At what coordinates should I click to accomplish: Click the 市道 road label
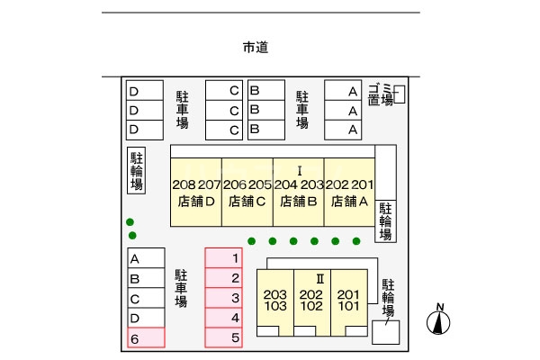(256, 47)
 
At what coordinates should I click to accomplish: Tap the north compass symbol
(438, 319)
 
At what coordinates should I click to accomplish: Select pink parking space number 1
(224, 257)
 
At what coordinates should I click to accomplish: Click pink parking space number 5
(224, 337)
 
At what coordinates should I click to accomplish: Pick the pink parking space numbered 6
(146, 337)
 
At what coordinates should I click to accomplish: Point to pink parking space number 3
(224, 298)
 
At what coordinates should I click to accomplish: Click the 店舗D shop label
(196, 202)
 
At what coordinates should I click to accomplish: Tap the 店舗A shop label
(349, 202)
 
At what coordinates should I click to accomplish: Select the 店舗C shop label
(247, 202)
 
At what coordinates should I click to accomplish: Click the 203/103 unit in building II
(275, 301)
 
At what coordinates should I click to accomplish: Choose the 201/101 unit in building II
(349, 301)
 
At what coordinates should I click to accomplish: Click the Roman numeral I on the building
(300, 171)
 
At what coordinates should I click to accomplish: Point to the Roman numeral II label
(319, 279)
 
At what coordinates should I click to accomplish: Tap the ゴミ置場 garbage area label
(381, 94)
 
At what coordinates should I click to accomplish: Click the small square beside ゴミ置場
(400, 94)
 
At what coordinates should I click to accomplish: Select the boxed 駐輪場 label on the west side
(137, 170)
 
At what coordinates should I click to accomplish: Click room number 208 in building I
(184, 185)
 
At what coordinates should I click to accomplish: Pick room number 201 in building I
(363, 185)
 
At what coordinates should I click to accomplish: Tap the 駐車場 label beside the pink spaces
(181, 288)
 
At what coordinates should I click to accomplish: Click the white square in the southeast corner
(386, 332)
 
